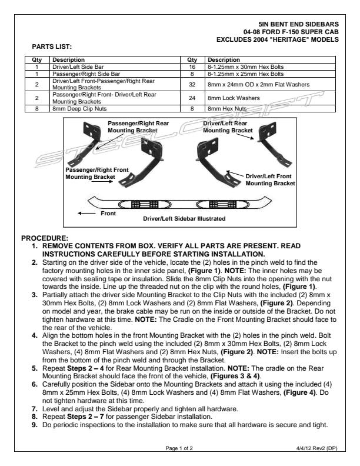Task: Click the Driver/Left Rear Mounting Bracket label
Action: (x=225, y=127)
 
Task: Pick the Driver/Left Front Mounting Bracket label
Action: (x=269, y=179)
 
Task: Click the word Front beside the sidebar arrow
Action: (x=108, y=213)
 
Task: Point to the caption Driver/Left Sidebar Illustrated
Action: (x=184, y=218)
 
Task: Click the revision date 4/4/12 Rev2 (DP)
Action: (x=316, y=448)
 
